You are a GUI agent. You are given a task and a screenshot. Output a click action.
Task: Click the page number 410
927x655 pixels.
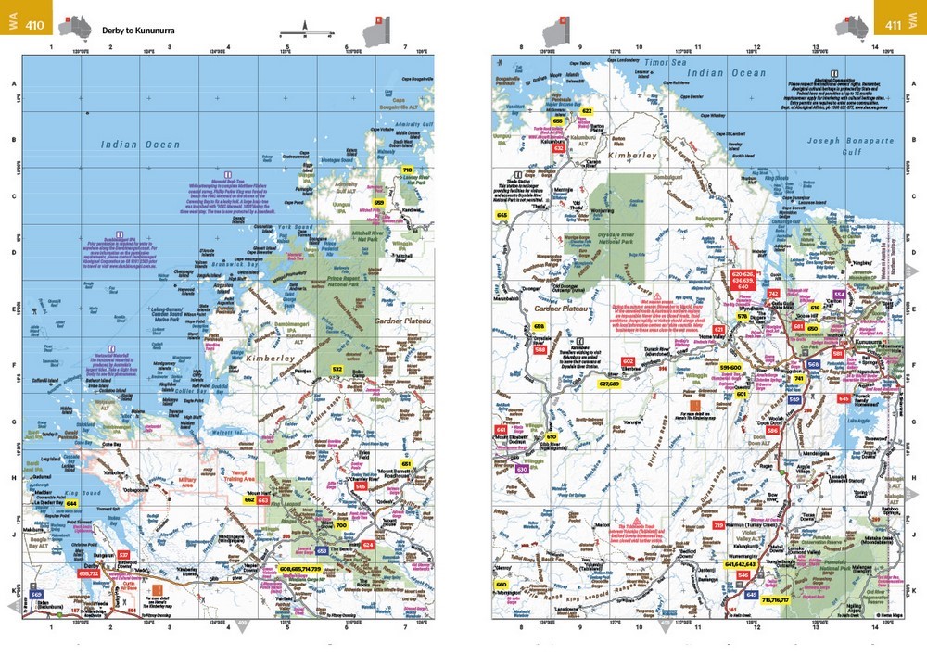click(36, 26)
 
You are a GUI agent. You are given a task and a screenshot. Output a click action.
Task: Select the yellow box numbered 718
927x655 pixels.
click(407, 170)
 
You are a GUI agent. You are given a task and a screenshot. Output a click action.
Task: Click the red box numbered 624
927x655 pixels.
click(368, 545)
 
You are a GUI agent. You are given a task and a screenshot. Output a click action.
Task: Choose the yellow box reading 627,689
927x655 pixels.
click(609, 383)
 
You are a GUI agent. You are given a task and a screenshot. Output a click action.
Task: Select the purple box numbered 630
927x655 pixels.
click(522, 469)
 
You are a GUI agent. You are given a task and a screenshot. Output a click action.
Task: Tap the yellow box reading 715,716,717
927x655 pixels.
click(775, 599)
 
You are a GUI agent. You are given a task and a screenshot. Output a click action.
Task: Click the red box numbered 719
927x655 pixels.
click(717, 525)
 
